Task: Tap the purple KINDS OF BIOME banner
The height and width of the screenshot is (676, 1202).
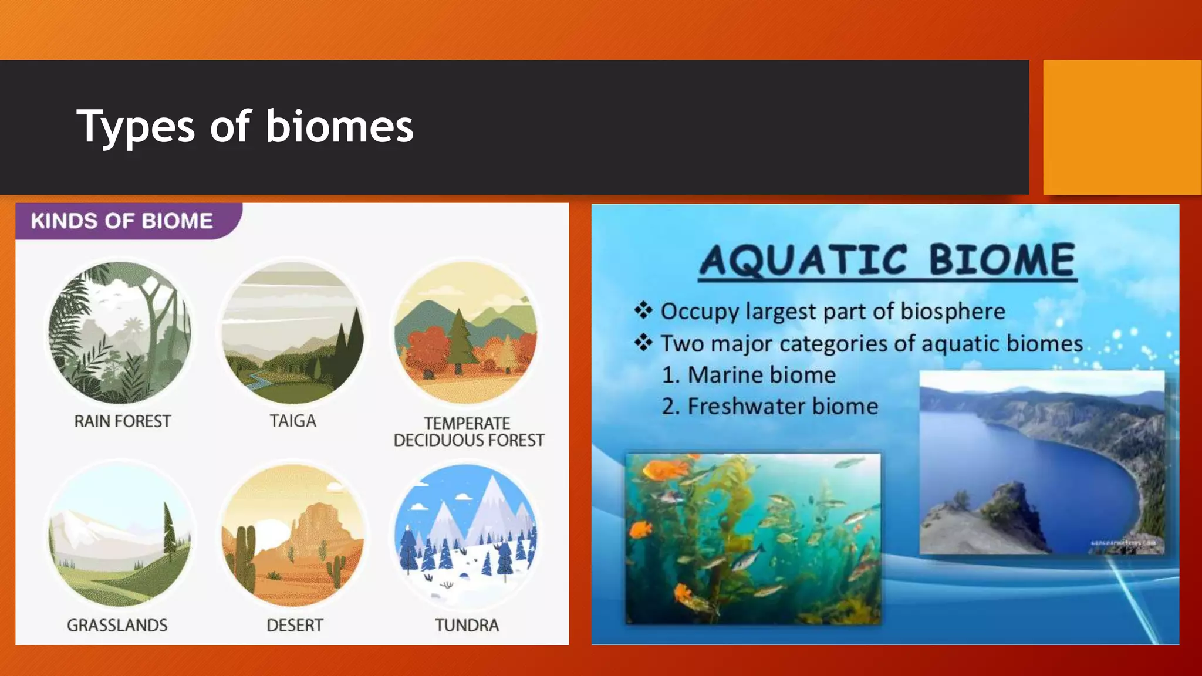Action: (x=122, y=221)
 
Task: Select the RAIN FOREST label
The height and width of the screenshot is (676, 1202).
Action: (x=122, y=421)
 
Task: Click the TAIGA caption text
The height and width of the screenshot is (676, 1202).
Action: (x=292, y=421)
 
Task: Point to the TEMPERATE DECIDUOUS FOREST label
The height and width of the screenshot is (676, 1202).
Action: (x=468, y=432)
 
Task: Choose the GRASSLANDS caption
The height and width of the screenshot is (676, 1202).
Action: (x=117, y=626)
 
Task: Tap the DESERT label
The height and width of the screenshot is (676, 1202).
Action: (x=295, y=626)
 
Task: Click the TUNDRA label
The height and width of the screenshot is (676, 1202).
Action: (x=467, y=626)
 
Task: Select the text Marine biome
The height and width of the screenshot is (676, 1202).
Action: (x=761, y=375)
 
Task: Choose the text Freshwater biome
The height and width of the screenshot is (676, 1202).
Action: (x=782, y=407)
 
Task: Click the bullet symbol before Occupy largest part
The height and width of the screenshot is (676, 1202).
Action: (x=643, y=310)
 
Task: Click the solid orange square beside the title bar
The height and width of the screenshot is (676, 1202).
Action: (x=1122, y=127)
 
